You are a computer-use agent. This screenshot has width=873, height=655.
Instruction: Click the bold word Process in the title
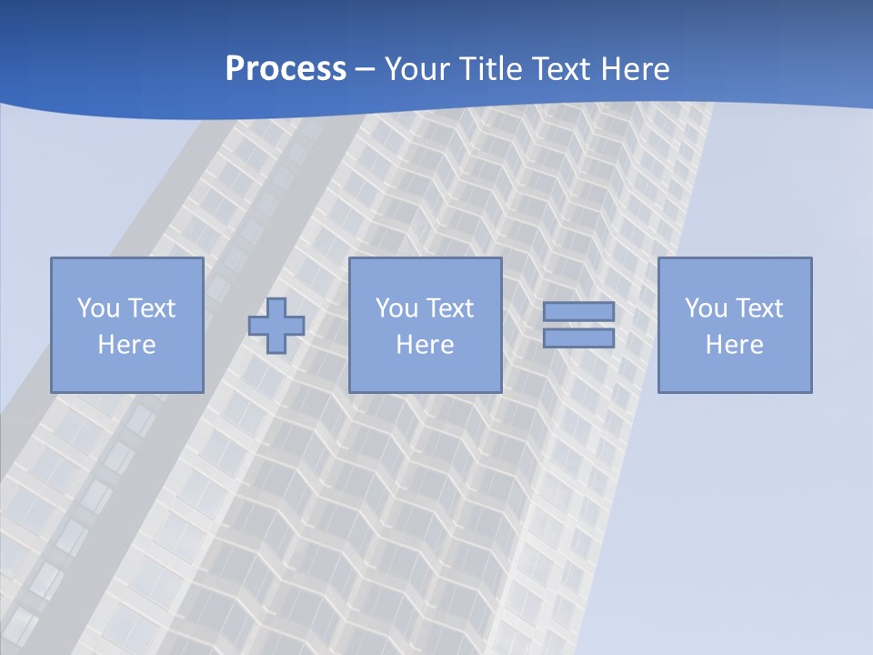286,69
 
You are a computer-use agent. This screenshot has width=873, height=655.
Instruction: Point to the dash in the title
366,70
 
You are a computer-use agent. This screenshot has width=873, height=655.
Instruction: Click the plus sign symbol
276,325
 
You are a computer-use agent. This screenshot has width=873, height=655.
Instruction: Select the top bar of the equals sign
578,311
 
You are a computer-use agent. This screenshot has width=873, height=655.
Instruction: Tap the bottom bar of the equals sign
578,338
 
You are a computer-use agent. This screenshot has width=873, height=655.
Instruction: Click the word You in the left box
98,308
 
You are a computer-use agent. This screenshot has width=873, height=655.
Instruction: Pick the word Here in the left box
126,345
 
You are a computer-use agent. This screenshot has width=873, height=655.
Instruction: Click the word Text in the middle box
449,308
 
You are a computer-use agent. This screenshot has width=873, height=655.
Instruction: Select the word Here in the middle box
425,345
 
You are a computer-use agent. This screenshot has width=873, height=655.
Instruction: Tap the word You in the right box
706,308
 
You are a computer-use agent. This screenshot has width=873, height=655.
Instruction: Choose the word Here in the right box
734,345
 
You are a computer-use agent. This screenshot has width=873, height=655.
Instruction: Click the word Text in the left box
151,308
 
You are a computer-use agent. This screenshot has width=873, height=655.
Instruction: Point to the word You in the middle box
396,308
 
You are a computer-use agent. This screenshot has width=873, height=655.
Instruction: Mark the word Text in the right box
758,308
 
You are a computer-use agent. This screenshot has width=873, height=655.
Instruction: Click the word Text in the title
557,69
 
